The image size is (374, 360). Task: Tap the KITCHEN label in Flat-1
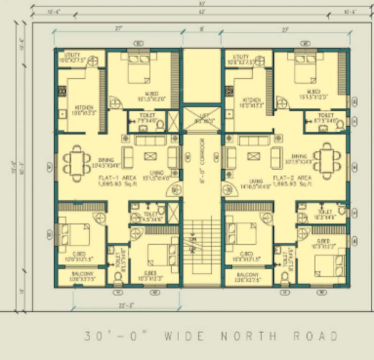(x=83, y=107)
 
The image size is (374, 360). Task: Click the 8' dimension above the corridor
(x=202, y=29)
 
